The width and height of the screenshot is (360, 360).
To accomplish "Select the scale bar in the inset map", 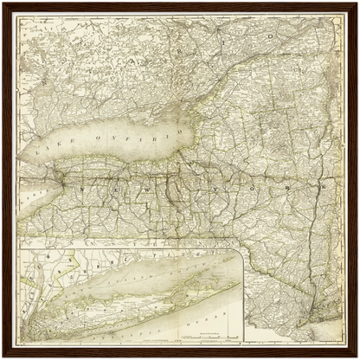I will pos(205,335).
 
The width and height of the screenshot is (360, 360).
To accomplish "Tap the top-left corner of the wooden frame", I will pos(4,4).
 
